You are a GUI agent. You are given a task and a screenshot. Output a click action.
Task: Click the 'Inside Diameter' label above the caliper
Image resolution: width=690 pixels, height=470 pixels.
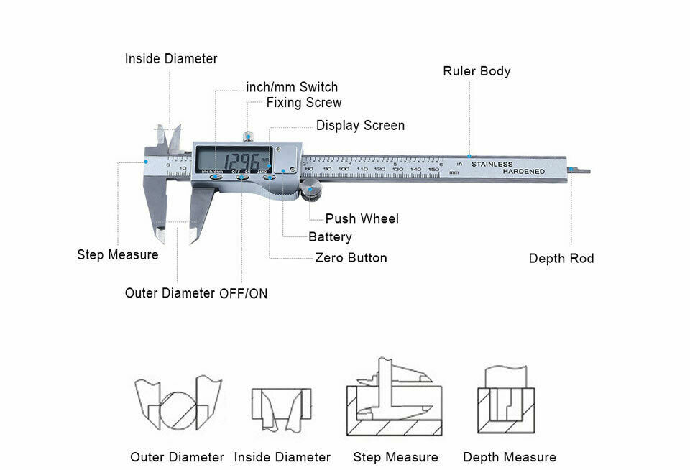171,59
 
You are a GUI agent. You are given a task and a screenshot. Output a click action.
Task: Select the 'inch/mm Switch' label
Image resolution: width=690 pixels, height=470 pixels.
292,87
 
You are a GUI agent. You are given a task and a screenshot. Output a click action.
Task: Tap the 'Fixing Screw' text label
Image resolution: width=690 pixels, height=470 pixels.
304,103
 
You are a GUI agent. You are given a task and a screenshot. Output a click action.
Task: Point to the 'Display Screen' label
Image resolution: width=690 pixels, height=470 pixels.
360,126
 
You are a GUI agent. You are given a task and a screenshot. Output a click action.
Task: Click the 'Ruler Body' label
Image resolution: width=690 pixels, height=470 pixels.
477,71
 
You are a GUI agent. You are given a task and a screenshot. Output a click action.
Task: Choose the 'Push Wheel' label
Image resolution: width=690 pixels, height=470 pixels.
362,218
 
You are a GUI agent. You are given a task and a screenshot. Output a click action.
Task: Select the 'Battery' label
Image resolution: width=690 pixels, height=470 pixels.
330,237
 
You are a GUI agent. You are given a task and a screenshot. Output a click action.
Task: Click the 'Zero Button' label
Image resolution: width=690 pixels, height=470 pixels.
351,258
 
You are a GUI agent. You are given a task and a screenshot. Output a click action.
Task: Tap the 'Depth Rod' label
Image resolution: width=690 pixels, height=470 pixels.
561,259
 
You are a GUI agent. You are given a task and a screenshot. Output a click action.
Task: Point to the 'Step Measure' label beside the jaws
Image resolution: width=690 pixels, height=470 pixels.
118,255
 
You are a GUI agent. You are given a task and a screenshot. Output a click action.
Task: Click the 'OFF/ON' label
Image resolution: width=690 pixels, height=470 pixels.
243,294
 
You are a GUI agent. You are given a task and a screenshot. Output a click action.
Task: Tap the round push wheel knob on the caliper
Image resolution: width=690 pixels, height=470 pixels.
311,193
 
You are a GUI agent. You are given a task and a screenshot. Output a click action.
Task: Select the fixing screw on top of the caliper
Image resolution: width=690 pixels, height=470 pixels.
248,135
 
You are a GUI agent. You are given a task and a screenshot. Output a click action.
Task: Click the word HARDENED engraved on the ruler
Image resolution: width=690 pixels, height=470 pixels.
523,172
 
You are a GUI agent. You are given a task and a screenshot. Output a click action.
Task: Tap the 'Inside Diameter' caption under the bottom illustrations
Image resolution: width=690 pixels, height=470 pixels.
282,457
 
